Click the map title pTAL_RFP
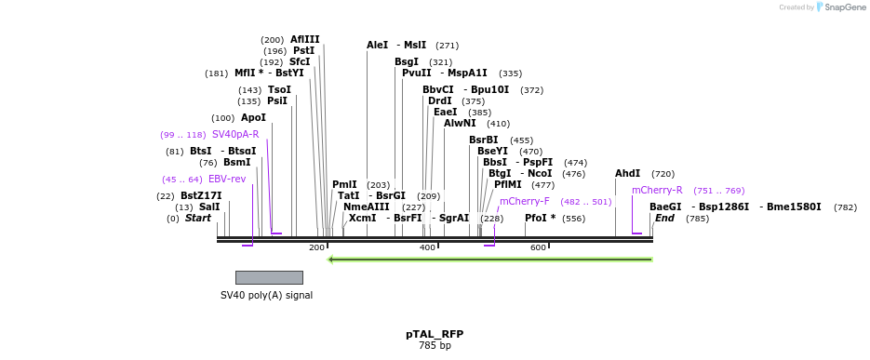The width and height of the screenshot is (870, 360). (434, 334)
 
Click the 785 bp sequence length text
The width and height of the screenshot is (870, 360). (434, 346)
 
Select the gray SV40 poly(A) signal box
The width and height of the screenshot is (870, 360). (269, 277)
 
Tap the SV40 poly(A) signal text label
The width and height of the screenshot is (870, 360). (266, 296)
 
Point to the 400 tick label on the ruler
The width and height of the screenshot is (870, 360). (427, 247)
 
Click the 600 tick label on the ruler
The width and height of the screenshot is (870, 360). (538, 247)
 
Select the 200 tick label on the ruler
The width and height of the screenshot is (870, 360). (316, 247)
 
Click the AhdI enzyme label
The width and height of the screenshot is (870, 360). (627, 174)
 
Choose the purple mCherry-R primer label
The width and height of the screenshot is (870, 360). (657, 191)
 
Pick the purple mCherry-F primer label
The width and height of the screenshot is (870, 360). (525, 201)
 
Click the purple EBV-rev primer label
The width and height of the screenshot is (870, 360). (227, 180)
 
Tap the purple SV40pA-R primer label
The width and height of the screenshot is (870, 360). (235, 135)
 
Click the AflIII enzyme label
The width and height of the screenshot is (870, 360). (304, 40)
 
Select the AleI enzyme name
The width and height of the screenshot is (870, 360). (377, 45)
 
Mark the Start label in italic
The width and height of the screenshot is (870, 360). (198, 219)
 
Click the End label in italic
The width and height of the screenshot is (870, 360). (664, 219)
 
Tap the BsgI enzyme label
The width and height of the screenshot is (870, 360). (407, 62)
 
